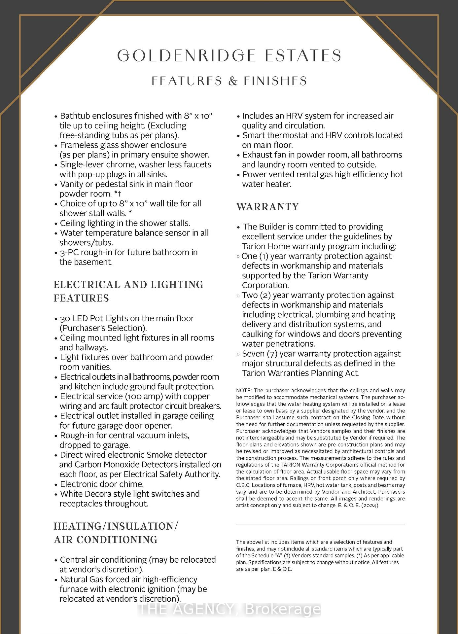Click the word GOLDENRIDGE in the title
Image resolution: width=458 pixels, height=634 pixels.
(187, 55)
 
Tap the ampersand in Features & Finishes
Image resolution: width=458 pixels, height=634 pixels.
(233, 81)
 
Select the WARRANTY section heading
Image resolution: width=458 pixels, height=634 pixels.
(267, 207)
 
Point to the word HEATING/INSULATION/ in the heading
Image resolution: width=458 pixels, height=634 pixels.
(116, 526)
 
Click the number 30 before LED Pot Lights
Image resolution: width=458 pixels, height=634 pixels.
(65, 318)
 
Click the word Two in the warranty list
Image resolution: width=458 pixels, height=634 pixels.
(250, 295)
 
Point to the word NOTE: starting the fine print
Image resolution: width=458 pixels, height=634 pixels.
(244, 391)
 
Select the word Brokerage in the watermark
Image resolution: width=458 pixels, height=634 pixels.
(283, 610)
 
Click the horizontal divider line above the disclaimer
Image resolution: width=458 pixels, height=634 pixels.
(320, 524)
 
